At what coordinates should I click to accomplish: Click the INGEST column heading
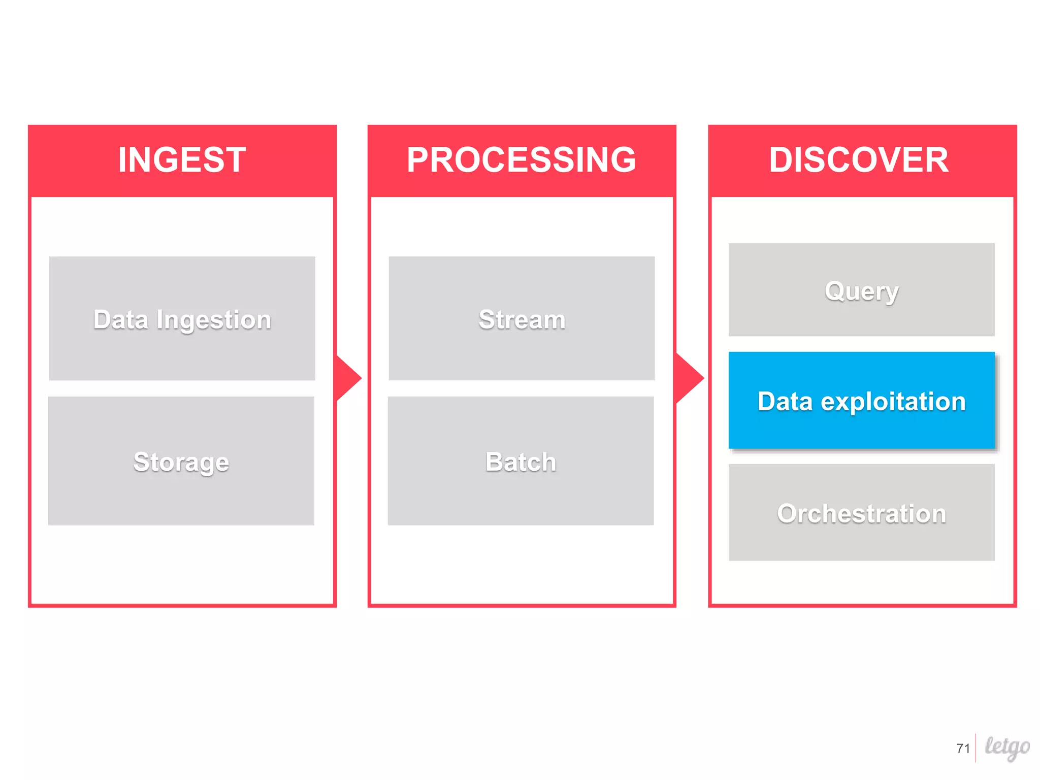182,160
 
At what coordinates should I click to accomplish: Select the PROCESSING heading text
521,160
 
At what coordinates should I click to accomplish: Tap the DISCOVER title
859,160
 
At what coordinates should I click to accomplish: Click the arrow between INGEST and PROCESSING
348,378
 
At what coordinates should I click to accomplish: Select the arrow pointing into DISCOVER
690,378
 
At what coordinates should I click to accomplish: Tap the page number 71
963,749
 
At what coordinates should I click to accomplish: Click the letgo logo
1007,747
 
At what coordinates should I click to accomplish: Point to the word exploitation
893,402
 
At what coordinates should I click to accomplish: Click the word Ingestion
214,320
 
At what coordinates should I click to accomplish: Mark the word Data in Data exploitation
785,402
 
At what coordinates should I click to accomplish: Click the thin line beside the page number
976,748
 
